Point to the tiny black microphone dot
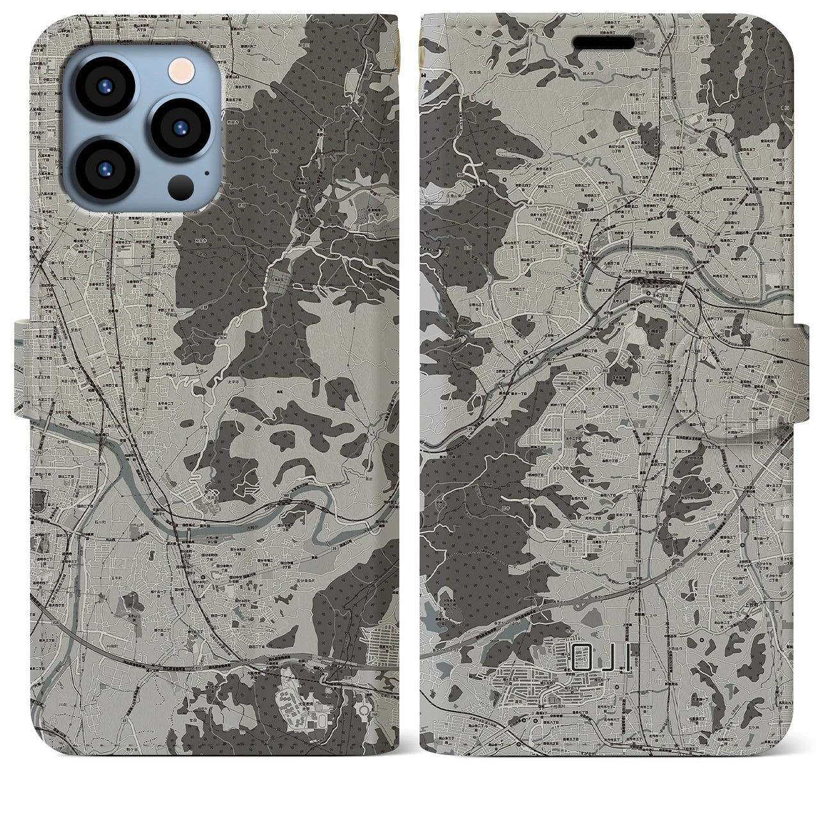(x=207, y=173)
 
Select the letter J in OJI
(x=607, y=655)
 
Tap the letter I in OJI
(x=629, y=655)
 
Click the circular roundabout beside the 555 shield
(x=364, y=709)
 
